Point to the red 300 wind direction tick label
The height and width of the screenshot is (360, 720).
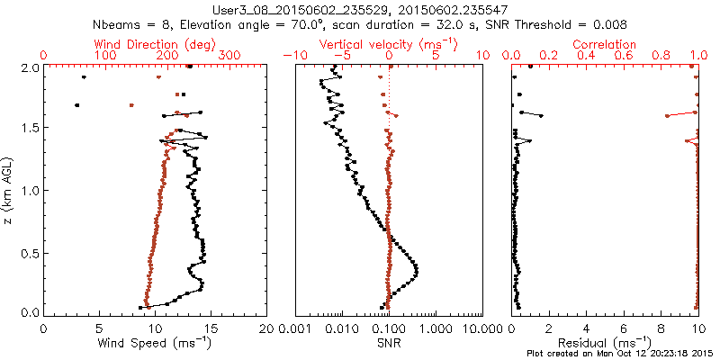tap(229, 56)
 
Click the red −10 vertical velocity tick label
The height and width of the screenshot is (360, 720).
tap(292, 56)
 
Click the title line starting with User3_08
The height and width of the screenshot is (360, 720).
tap(360, 8)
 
